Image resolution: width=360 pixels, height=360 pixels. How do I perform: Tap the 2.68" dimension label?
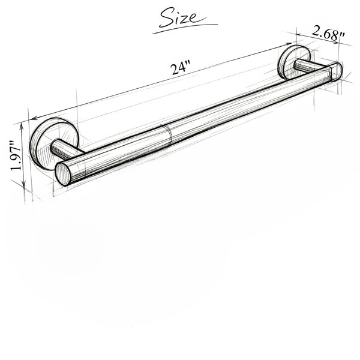tap(328, 34)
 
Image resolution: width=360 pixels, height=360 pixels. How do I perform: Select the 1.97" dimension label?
tap(16, 155)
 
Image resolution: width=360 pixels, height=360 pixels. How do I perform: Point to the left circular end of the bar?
tap(63, 173)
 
